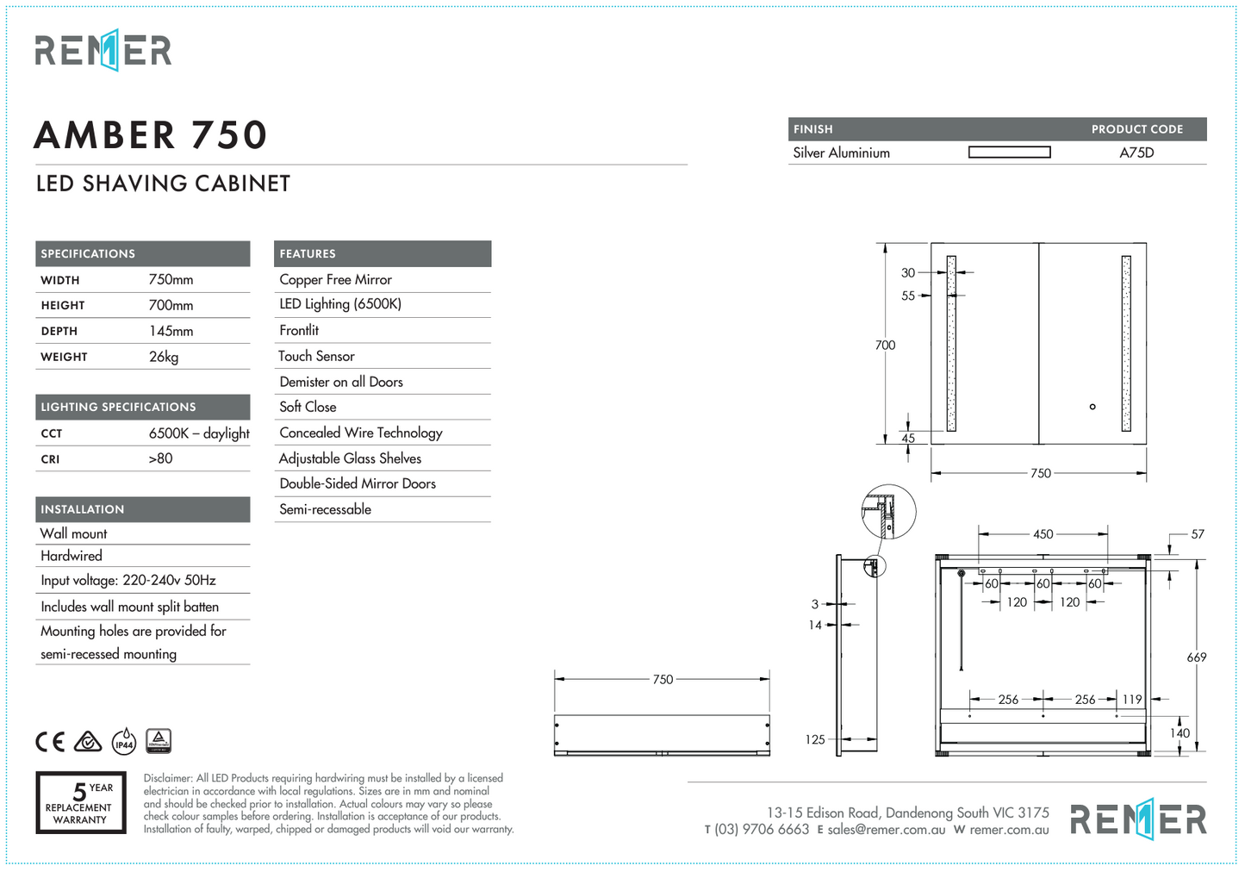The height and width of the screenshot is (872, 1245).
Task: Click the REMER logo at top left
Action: click(x=103, y=50)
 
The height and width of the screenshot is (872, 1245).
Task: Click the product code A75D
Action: click(x=1136, y=153)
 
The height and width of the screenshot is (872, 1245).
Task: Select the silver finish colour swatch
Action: click(x=1009, y=153)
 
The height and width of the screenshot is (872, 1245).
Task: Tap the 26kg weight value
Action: click(x=164, y=357)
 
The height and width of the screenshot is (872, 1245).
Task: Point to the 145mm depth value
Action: click(x=171, y=331)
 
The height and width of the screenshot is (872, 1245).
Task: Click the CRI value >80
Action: click(x=160, y=458)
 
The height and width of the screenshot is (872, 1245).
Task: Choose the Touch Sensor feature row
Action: click(x=316, y=356)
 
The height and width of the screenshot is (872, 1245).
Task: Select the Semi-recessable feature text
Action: click(x=325, y=509)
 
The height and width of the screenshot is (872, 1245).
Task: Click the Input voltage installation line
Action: click(x=128, y=580)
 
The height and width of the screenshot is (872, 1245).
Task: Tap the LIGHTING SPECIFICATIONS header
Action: click(x=118, y=407)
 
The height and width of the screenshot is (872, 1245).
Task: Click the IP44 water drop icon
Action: click(x=124, y=742)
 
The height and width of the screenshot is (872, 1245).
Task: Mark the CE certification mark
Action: click(x=50, y=742)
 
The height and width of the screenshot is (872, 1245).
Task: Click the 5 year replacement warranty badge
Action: click(x=81, y=802)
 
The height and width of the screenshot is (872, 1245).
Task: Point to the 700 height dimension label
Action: click(x=885, y=345)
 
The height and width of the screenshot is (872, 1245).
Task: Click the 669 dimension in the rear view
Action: click(x=1196, y=657)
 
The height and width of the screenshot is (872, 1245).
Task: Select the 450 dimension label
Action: click(x=1043, y=534)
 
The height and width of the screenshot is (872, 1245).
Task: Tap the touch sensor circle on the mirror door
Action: click(x=1092, y=407)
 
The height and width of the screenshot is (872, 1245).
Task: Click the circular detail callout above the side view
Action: click(x=888, y=512)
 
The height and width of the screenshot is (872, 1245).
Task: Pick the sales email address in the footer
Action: click(x=886, y=830)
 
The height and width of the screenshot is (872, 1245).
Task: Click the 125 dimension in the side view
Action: click(x=815, y=739)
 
